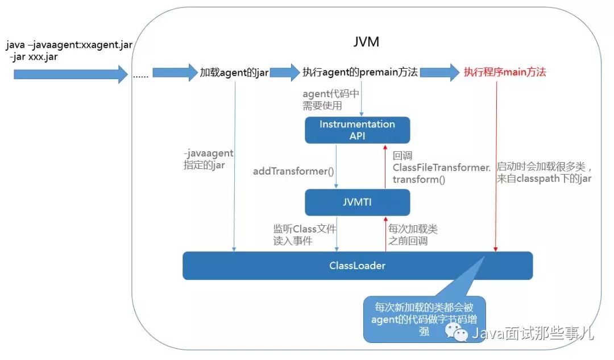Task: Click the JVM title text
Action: [365, 42]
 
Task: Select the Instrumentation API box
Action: [357, 130]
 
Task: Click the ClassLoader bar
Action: [357, 266]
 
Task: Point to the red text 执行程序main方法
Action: [505, 72]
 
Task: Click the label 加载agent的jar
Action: [234, 73]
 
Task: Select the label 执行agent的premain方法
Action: [360, 72]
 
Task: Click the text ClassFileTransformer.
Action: [441, 167]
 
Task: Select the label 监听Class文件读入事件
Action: [305, 234]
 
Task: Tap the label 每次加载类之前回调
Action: [413, 234]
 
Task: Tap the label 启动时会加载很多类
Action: [545, 167]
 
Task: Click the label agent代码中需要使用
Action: [331, 98]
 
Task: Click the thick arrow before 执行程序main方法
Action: [439, 72]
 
